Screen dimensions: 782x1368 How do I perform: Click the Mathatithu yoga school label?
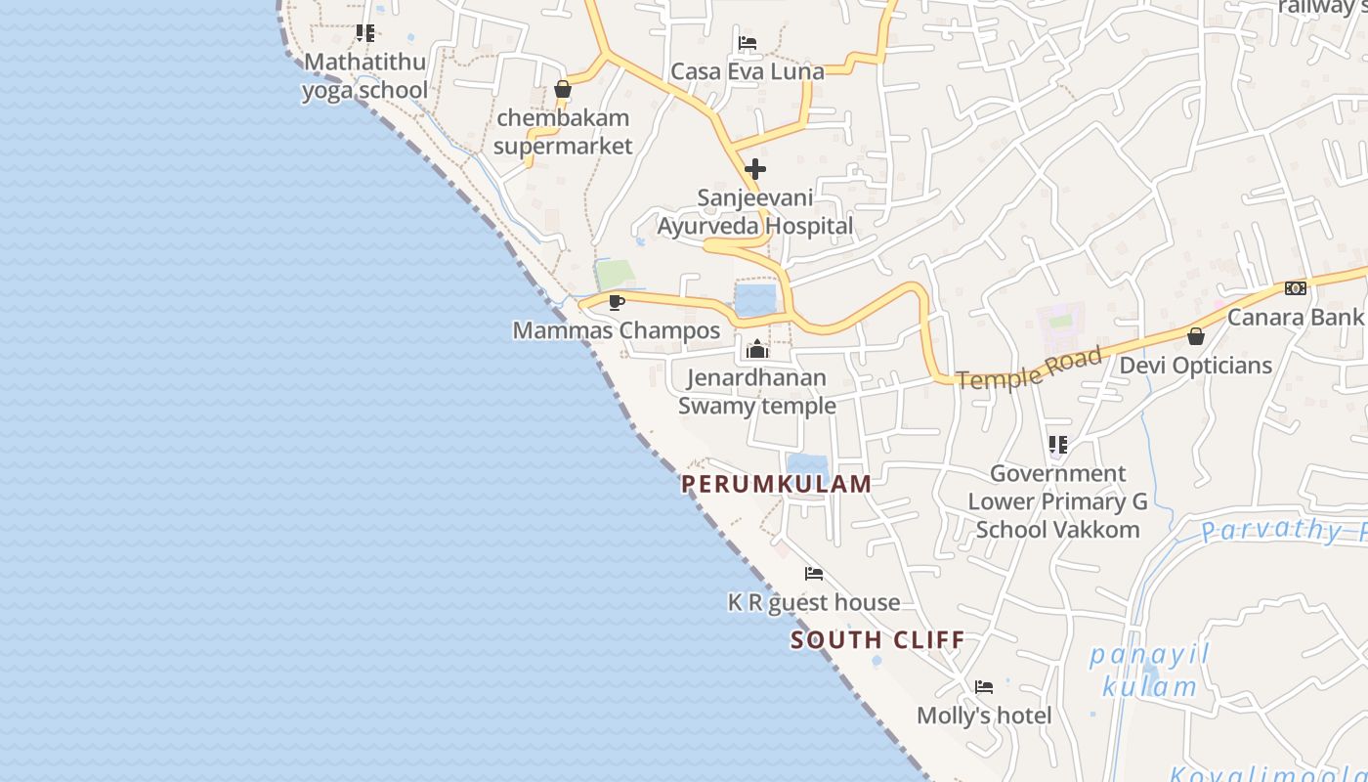364,76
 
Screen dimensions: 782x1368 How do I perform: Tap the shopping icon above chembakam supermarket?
563,90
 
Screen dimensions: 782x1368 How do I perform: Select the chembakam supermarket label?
563,132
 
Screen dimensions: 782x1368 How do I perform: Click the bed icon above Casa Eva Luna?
748,43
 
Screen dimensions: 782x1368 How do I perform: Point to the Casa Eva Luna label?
748,71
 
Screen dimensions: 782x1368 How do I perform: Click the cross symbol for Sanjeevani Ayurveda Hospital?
755,169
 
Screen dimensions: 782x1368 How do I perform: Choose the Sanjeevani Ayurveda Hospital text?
755,212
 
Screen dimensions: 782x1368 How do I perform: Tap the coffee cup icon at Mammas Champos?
616,302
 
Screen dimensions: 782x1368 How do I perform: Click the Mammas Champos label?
617,330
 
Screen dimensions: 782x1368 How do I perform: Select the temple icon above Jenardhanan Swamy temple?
757,349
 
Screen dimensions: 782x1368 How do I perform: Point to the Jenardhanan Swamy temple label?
757,391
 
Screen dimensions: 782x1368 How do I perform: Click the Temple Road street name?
1029,368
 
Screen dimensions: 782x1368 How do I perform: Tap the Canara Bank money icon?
1296,288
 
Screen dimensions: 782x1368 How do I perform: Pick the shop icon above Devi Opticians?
1196,336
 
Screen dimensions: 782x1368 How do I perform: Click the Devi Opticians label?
1196,366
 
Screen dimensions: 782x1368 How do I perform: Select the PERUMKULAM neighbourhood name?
777,484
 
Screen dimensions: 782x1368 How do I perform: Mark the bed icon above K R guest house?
813,574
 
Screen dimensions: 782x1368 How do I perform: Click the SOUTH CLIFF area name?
877,640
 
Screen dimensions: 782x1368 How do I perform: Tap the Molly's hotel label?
984,716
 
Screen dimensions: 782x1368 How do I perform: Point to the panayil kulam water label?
1149,671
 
